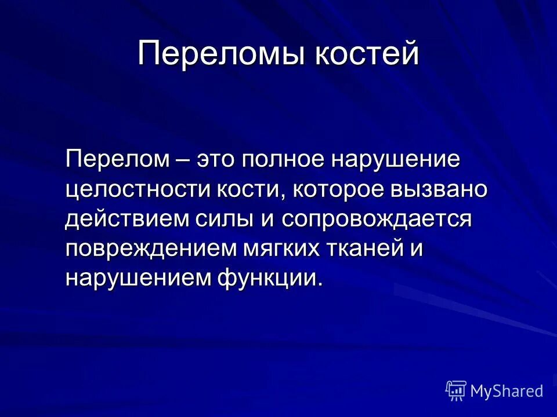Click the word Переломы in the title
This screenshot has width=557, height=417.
(220, 54)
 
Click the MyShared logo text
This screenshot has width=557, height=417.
(507, 391)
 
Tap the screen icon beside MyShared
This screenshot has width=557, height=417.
(456, 391)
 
